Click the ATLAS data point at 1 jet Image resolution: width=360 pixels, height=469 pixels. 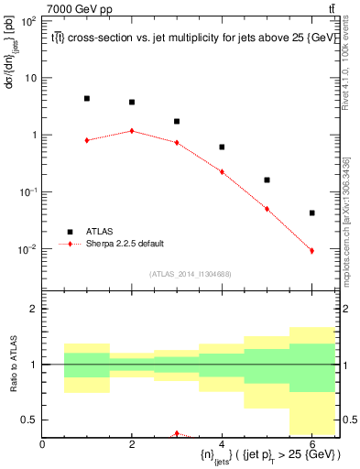(x=87, y=99)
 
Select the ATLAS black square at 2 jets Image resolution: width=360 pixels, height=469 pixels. (x=132, y=103)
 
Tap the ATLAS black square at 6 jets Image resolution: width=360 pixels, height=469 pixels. (x=312, y=213)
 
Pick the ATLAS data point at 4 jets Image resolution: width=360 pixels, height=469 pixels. (x=222, y=147)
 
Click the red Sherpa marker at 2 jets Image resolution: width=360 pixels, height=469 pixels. (x=132, y=131)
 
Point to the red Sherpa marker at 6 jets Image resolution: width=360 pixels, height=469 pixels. (x=312, y=251)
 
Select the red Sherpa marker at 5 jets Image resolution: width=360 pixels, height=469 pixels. (x=267, y=209)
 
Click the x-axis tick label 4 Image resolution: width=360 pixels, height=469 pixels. (x=222, y=445)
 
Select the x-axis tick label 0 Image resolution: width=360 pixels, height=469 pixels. (x=43, y=445)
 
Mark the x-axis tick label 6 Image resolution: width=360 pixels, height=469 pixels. (x=312, y=445)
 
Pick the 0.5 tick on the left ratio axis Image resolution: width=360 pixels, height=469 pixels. (x=31, y=420)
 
